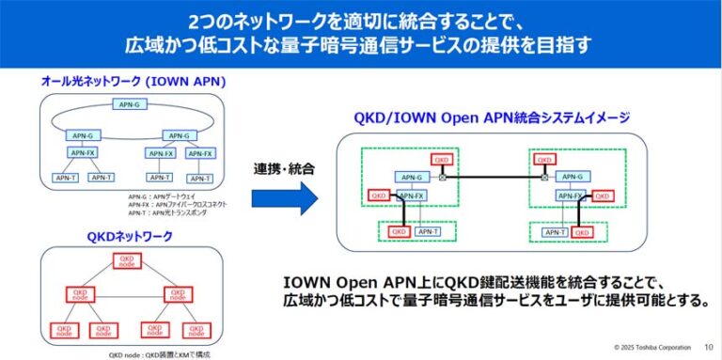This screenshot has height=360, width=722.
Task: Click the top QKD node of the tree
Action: [x=126, y=259]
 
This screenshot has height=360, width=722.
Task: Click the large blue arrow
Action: [x=286, y=198]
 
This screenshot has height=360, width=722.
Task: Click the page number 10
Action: [x=708, y=347]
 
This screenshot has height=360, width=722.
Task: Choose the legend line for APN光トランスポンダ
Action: [x=170, y=213]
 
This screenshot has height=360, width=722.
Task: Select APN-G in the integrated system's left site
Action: [x=411, y=177]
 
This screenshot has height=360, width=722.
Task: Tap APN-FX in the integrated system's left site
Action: [x=411, y=196]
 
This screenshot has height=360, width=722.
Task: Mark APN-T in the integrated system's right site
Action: [x=555, y=231]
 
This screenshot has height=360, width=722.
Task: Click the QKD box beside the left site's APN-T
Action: [x=399, y=231]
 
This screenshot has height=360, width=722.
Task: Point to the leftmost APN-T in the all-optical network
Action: [x=65, y=177]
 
